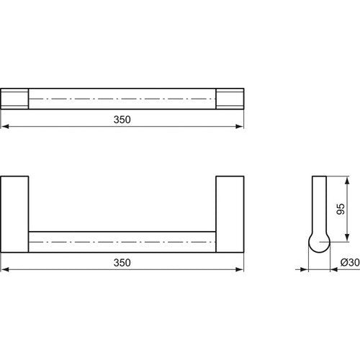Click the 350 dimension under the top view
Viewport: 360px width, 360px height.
(122, 120)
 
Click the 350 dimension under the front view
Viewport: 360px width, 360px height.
(122, 263)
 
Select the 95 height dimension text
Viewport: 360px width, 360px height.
(341, 209)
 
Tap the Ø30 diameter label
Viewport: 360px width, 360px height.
(350, 262)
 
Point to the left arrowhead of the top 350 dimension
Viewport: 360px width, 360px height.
(5, 126)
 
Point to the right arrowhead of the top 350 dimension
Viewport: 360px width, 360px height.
(240, 126)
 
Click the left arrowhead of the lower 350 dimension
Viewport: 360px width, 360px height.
(5, 269)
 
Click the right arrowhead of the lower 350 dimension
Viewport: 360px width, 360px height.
(240, 269)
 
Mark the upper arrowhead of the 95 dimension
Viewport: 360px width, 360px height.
(347, 180)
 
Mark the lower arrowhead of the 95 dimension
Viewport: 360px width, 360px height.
(347, 238)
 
